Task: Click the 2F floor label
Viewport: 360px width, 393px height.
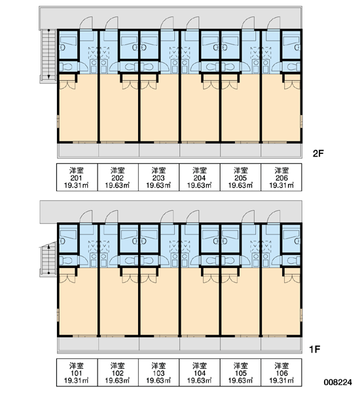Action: [x=318, y=153]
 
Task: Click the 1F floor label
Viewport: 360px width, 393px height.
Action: [x=315, y=349]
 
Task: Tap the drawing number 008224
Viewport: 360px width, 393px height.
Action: [x=338, y=383]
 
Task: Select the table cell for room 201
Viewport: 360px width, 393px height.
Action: [x=77, y=178]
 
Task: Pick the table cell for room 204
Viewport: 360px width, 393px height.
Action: [x=200, y=178]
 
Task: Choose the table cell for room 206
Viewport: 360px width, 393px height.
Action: [x=281, y=178]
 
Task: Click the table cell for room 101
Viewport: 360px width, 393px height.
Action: [x=77, y=372]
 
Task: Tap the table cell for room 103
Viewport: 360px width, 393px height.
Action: [x=159, y=372]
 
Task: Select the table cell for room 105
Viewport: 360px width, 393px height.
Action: [x=240, y=372]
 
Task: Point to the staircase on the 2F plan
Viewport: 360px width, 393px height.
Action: [x=48, y=54]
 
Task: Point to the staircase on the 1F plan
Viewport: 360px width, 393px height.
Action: [x=48, y=259]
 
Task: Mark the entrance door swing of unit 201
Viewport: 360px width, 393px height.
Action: [x=86, y=23]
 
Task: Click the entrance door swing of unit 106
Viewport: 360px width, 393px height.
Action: [x=274, y=217]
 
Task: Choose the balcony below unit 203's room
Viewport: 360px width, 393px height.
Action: [x=159, y=150]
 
